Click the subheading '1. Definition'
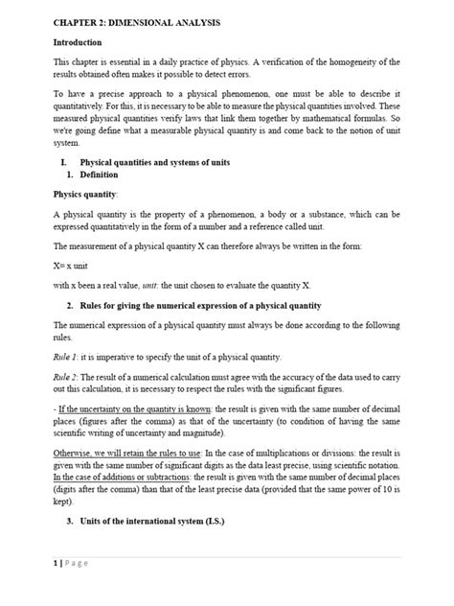coord(92,175)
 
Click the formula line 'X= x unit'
coord(73,261)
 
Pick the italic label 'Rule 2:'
coord(67,377)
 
